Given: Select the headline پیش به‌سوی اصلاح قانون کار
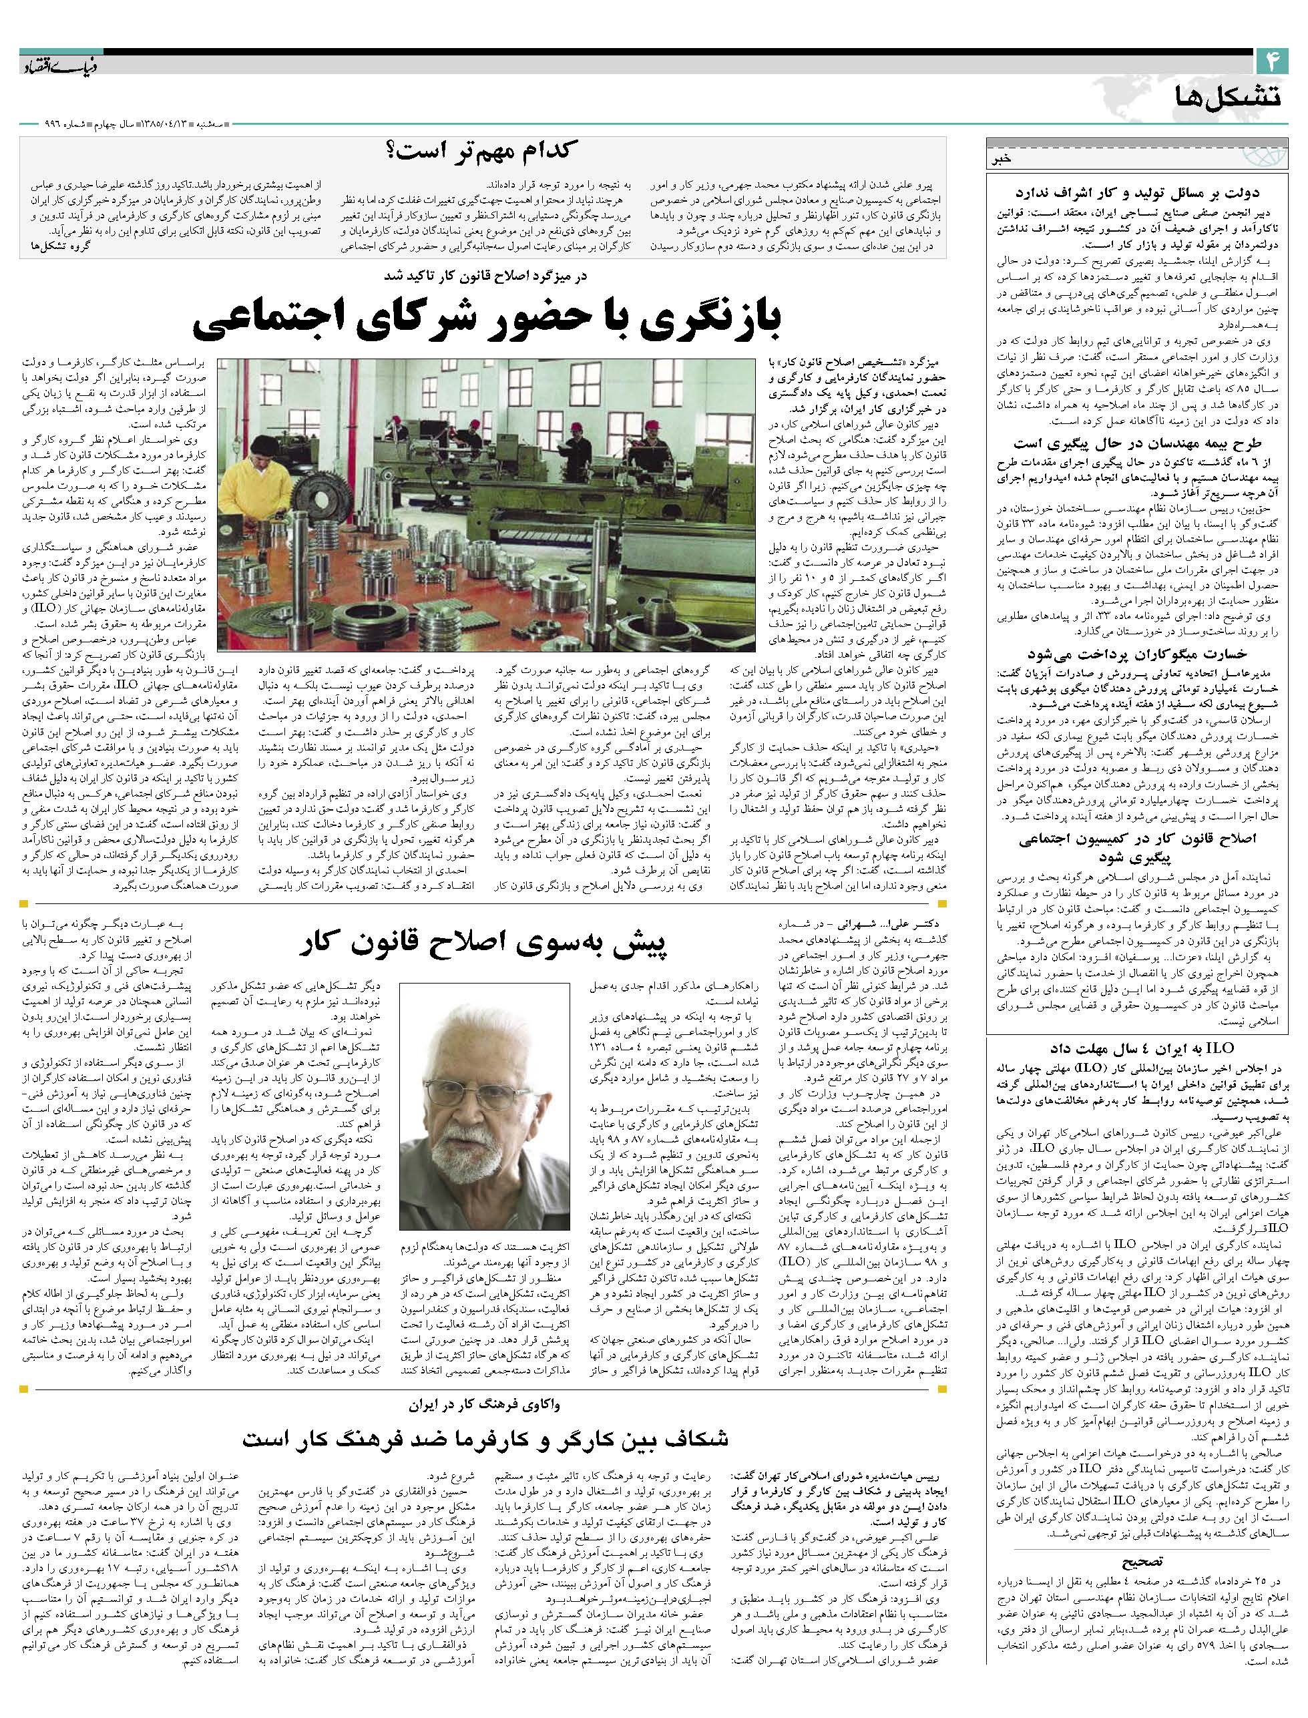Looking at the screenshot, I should (483, 944).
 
